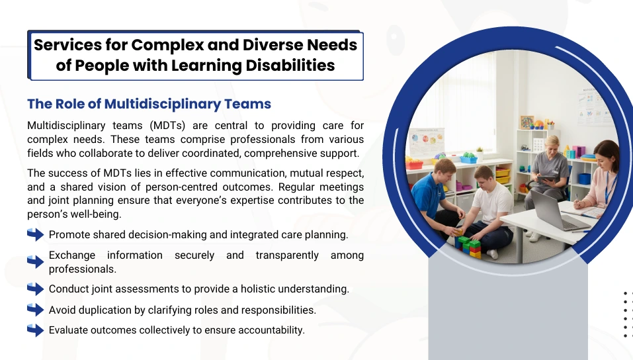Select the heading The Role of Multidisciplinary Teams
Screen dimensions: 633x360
click(149, 104)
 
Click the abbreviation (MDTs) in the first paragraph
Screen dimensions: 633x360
click(167, 126)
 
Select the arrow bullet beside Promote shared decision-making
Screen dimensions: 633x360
click(36, 234)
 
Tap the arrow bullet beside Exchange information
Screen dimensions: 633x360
click(36, 262)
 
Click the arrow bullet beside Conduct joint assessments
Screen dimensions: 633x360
click(36, 289)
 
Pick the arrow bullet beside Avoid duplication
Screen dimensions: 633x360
click(36, 310)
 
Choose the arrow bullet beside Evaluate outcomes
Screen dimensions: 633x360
click(36, 330)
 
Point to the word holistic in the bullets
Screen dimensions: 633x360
click(258, 289)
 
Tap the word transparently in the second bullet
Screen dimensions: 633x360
click(287, 255)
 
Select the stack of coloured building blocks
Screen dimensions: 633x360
click(468, 246)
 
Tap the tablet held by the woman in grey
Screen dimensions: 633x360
click(546, 179)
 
